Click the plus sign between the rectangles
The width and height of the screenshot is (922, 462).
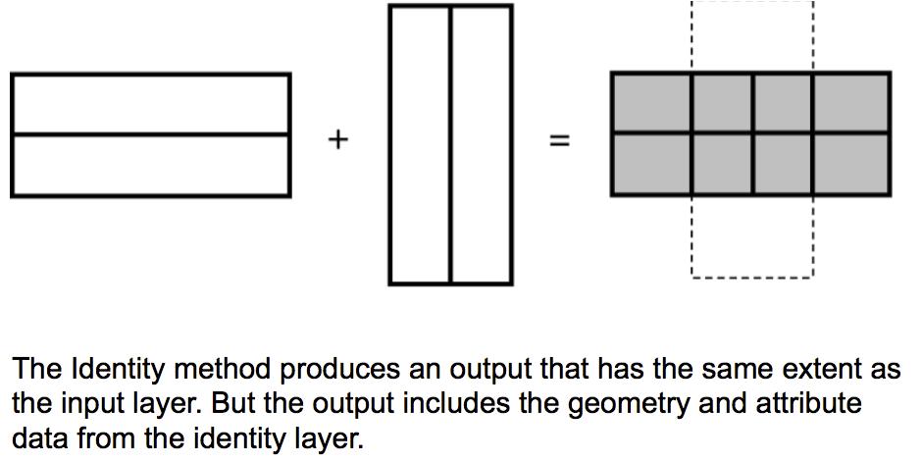pos(337,140)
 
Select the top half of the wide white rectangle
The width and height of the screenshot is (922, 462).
pos(151,104)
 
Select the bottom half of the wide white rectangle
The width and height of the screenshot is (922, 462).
pos(151,165)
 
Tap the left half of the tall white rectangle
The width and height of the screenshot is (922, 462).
pos(420,144)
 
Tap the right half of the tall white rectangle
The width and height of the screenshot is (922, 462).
pos(481,144)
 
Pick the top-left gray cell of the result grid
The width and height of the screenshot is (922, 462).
pos(651,102)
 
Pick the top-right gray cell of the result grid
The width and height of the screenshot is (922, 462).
pos(850,102)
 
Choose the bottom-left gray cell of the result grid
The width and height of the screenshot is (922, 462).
pos(651,164)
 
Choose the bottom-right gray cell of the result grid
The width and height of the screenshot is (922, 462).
pos(850,164)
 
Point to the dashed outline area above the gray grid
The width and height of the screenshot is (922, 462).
pos(752,35)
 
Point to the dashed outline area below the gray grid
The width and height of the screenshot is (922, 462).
pos(752,235)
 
